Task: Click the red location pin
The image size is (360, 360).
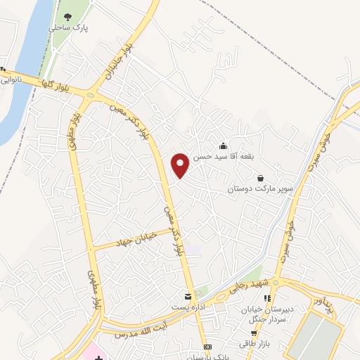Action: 180,165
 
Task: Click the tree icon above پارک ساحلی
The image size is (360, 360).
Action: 68,15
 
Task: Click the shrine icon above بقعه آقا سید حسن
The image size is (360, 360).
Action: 224,146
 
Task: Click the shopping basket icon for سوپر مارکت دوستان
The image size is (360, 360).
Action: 261,179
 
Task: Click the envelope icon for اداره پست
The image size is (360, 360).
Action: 188,297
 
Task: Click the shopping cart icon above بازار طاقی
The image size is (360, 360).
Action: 253,333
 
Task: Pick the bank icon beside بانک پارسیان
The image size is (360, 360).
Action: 207,347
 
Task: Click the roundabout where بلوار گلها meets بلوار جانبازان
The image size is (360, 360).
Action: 90,94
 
